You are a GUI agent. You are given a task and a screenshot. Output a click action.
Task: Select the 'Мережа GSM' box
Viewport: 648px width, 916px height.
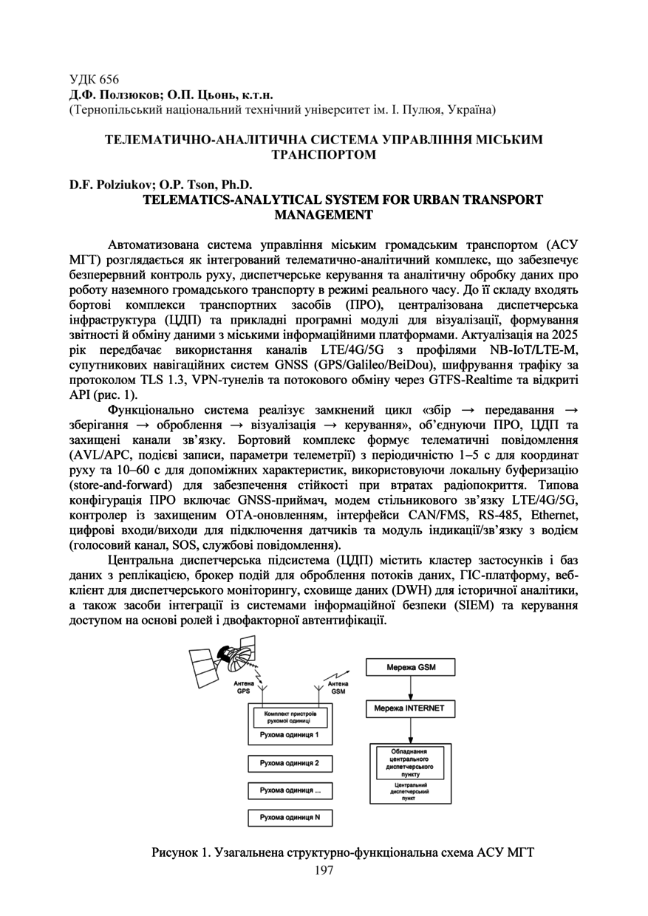point(410,668)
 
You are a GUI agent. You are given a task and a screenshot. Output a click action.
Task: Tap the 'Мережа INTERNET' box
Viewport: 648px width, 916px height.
point(410,708)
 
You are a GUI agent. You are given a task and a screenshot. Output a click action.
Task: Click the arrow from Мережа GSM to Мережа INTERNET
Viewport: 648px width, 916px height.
point(410,688)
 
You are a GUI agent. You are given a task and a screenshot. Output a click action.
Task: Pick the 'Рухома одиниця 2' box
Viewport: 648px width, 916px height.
point(290,764)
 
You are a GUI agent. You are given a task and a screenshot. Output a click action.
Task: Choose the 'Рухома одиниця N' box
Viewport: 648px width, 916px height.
point(290,818)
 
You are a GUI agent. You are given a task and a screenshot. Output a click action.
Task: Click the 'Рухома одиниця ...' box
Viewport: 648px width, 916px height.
point(290,790)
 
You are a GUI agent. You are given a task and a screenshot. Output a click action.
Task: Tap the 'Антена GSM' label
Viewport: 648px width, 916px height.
point(338,688)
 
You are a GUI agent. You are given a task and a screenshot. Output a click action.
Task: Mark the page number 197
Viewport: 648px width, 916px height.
point(324,870)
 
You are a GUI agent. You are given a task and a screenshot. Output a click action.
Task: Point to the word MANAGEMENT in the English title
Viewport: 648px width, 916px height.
point(324,215)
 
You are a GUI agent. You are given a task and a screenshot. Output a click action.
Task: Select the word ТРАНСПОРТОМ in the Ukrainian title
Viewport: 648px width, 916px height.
point(324,155)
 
